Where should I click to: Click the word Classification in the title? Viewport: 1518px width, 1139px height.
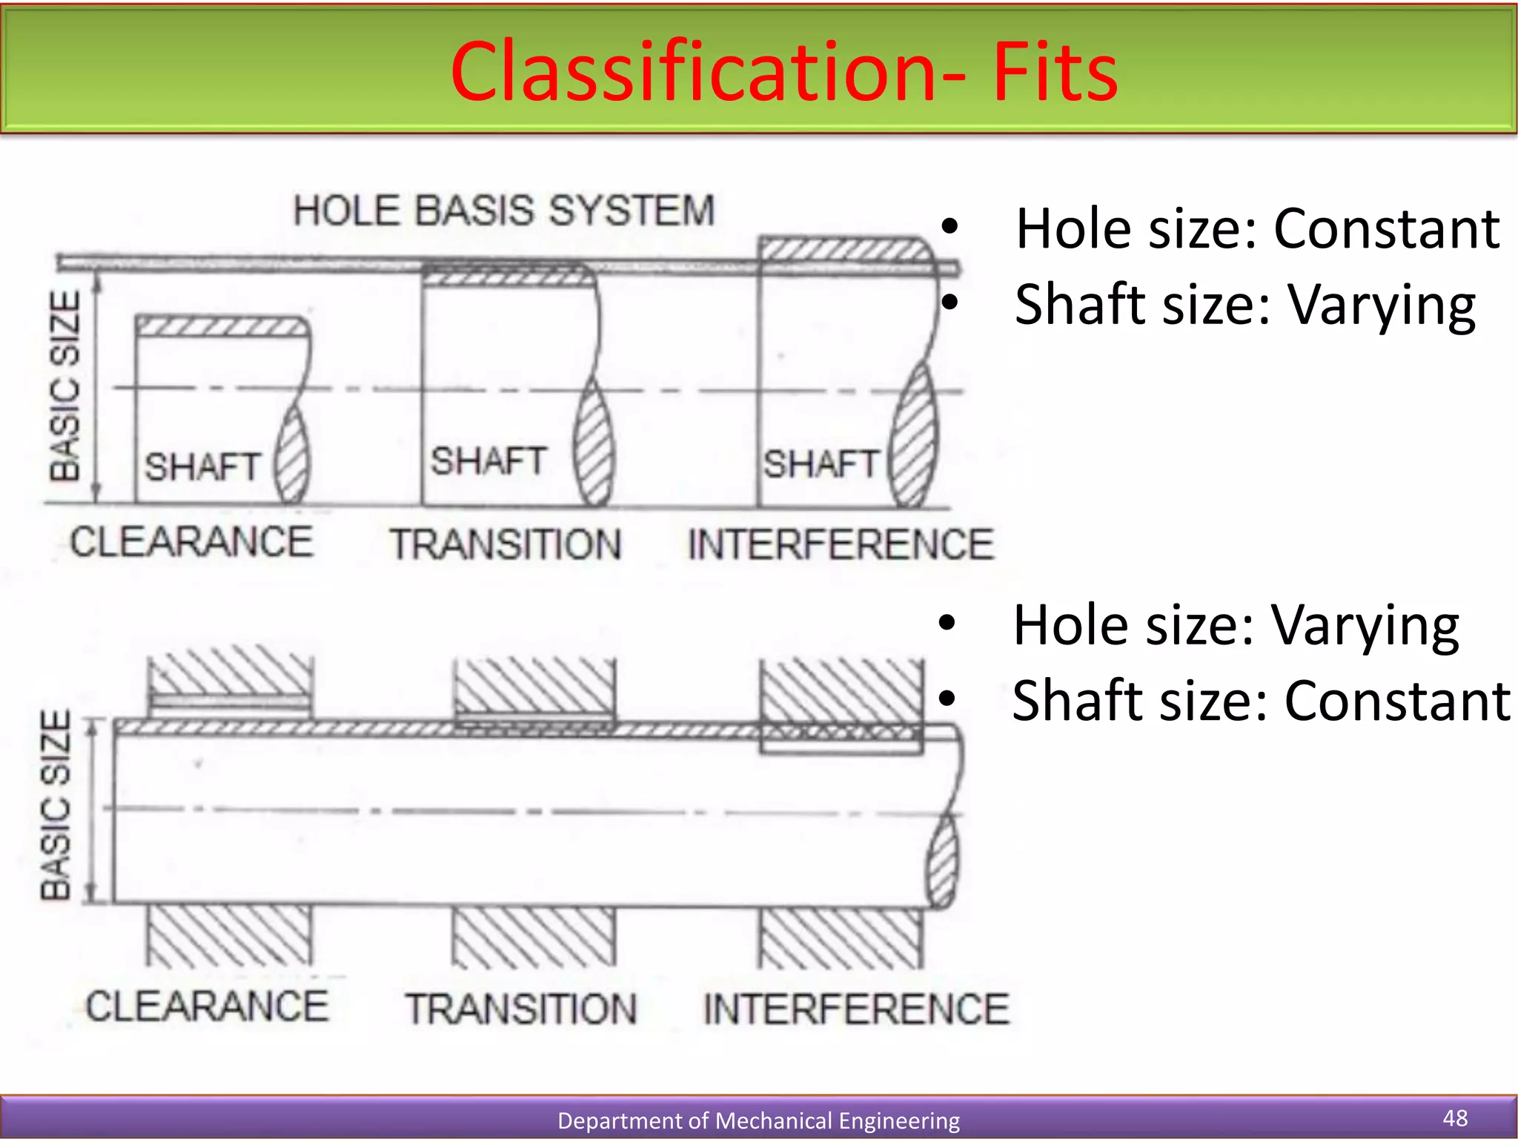(694, 72)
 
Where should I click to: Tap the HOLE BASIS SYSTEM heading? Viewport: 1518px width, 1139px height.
(504, 211)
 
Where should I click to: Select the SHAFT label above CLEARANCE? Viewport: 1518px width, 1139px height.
(202, 467)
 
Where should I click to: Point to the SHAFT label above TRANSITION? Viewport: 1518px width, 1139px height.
(489, 461)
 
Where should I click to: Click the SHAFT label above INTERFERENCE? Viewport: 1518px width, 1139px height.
(821, 464)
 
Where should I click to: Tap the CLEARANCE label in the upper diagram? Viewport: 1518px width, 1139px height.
(191, 541)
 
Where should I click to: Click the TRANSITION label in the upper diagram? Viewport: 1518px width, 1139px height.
(506, 544)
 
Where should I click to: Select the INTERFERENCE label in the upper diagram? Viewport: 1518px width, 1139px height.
(841, 544)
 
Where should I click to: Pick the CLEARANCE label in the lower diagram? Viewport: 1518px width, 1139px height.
(207, 1006)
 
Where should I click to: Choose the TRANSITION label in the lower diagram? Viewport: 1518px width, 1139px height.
(521, 1009)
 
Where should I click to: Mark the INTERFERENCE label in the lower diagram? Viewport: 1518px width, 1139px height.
(856, 1009)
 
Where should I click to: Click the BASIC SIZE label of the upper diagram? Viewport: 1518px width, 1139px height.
(65, 386)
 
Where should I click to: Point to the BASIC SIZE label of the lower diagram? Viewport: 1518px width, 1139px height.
(56, 805)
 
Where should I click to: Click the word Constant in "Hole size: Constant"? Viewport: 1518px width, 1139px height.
(1387, 228)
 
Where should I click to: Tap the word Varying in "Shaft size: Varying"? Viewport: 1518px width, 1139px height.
(1382, 306)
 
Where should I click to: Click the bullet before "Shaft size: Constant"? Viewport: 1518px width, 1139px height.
(947, 699)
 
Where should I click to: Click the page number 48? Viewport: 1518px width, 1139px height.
(1455, 1117)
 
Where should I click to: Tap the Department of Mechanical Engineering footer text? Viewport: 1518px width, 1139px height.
(758, 1120)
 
